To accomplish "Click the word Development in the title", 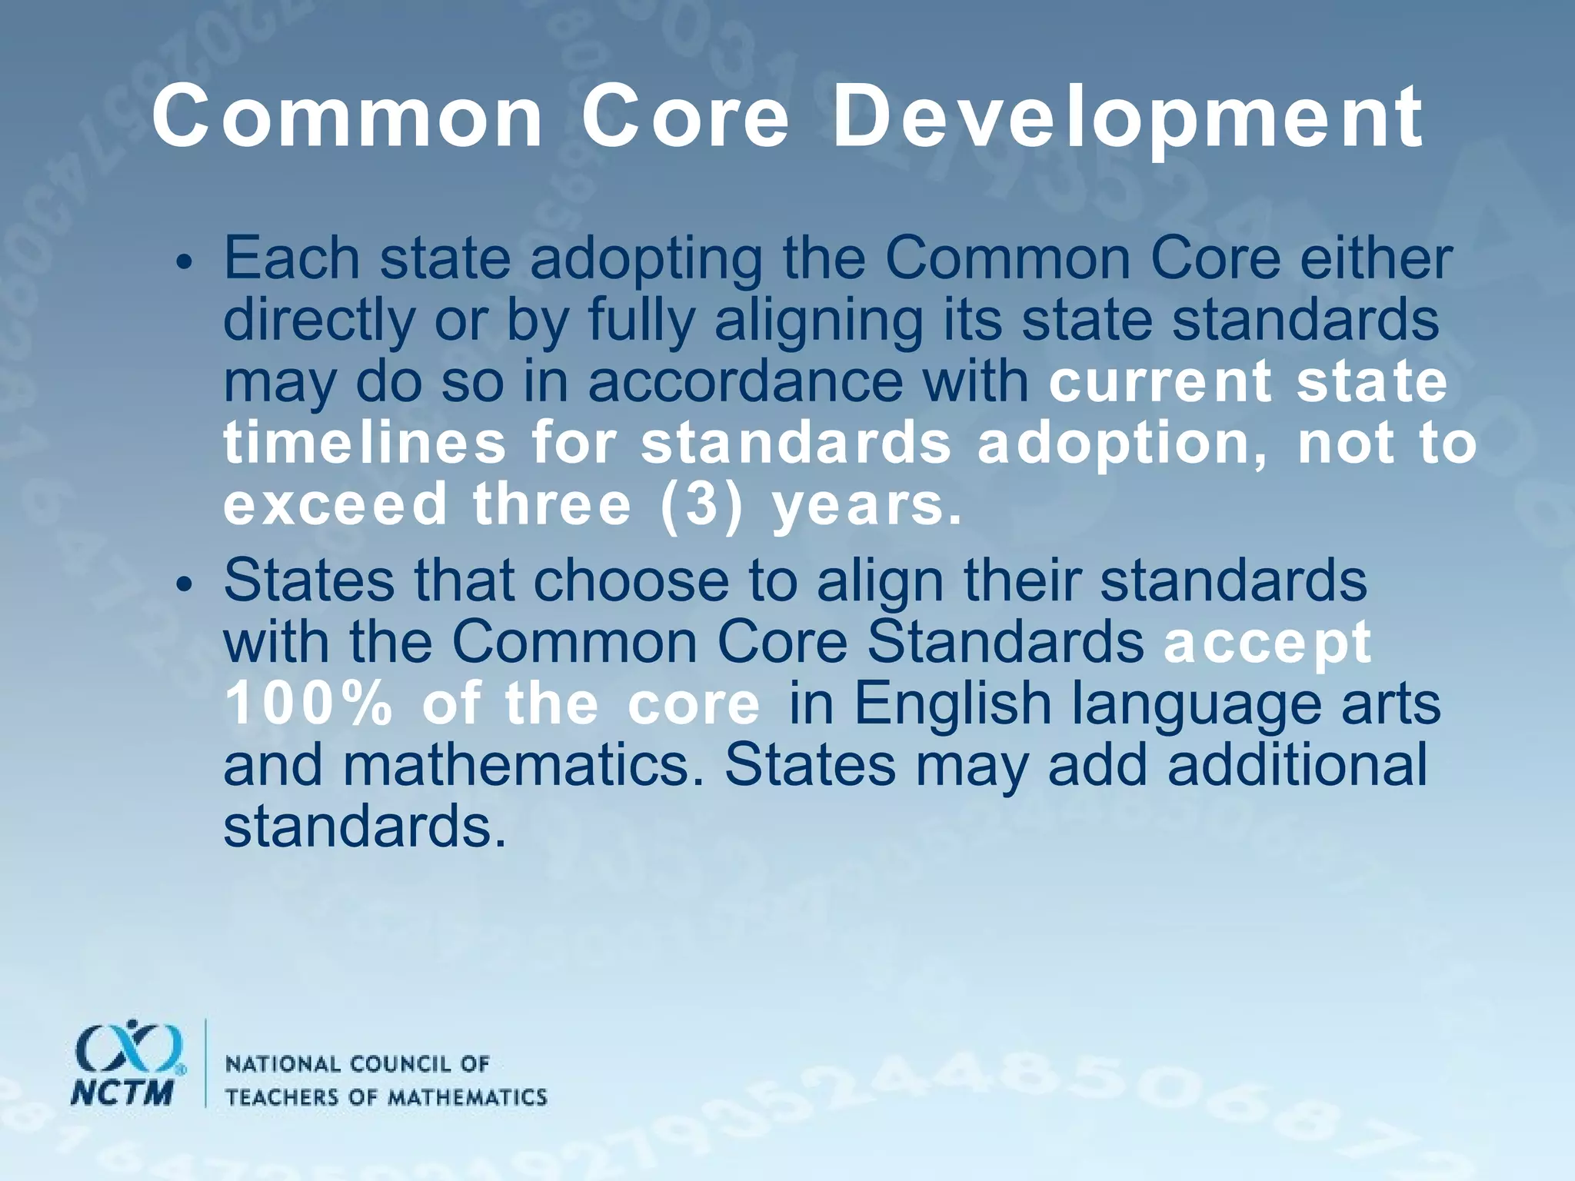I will (1127, 119).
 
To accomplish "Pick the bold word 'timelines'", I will (365, 444).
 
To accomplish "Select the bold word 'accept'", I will (1267, 643).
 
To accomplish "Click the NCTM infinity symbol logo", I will (129, 1047).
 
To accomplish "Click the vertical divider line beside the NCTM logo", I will (205, 1064).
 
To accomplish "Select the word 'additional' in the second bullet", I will (1297, 766).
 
